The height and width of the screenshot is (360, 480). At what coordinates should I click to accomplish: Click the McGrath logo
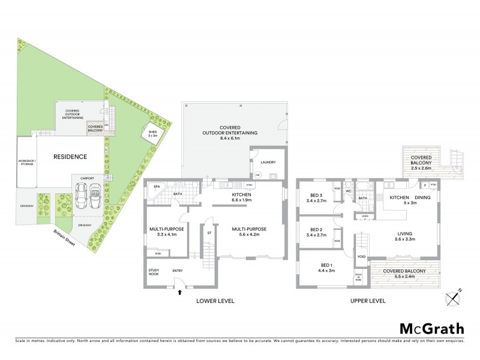click(x=431, y=328)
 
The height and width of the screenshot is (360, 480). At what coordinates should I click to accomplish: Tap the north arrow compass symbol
click(x=453, y=296)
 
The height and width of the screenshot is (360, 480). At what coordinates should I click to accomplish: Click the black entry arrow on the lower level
click(x=179, y=292)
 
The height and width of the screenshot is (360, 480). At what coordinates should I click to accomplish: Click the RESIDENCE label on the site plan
click(x=70, y=157)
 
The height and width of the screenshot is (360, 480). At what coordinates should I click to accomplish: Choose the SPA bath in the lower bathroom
click(x=157, y=187)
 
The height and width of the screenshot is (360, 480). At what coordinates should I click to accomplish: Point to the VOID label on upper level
click(x=361, y=256)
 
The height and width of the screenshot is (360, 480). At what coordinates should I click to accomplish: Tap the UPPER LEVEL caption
click(x=368, y=301)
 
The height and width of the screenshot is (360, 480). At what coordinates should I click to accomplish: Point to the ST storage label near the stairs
click(x=209, y=232)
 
